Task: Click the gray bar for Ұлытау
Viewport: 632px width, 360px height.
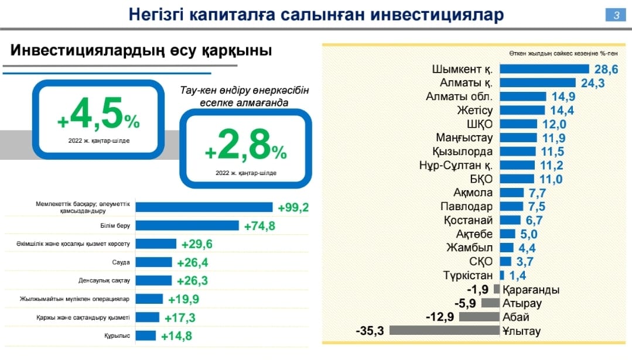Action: point(444,330)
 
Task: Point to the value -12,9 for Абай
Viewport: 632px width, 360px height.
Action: point(441,317)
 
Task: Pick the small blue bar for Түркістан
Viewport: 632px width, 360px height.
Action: point(502,275)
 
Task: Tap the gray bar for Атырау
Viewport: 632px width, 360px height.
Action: point(490,303)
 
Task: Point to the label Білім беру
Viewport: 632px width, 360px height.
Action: point(119,225)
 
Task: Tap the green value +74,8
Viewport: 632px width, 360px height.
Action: point(260,226)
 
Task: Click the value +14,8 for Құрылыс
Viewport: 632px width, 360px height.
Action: point(176,335)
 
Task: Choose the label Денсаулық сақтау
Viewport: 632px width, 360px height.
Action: point(104,280)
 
